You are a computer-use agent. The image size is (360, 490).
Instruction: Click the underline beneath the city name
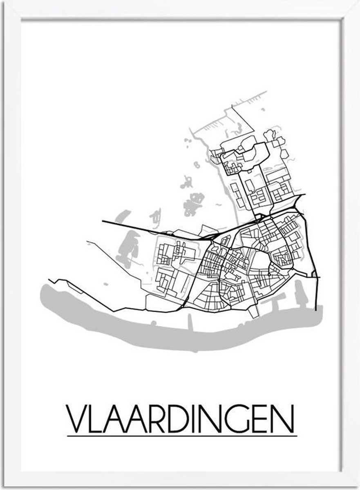pyautogui.click(x=182, y=436)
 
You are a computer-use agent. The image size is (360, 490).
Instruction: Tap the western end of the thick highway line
pyautogui.click(x=104, y=222)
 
